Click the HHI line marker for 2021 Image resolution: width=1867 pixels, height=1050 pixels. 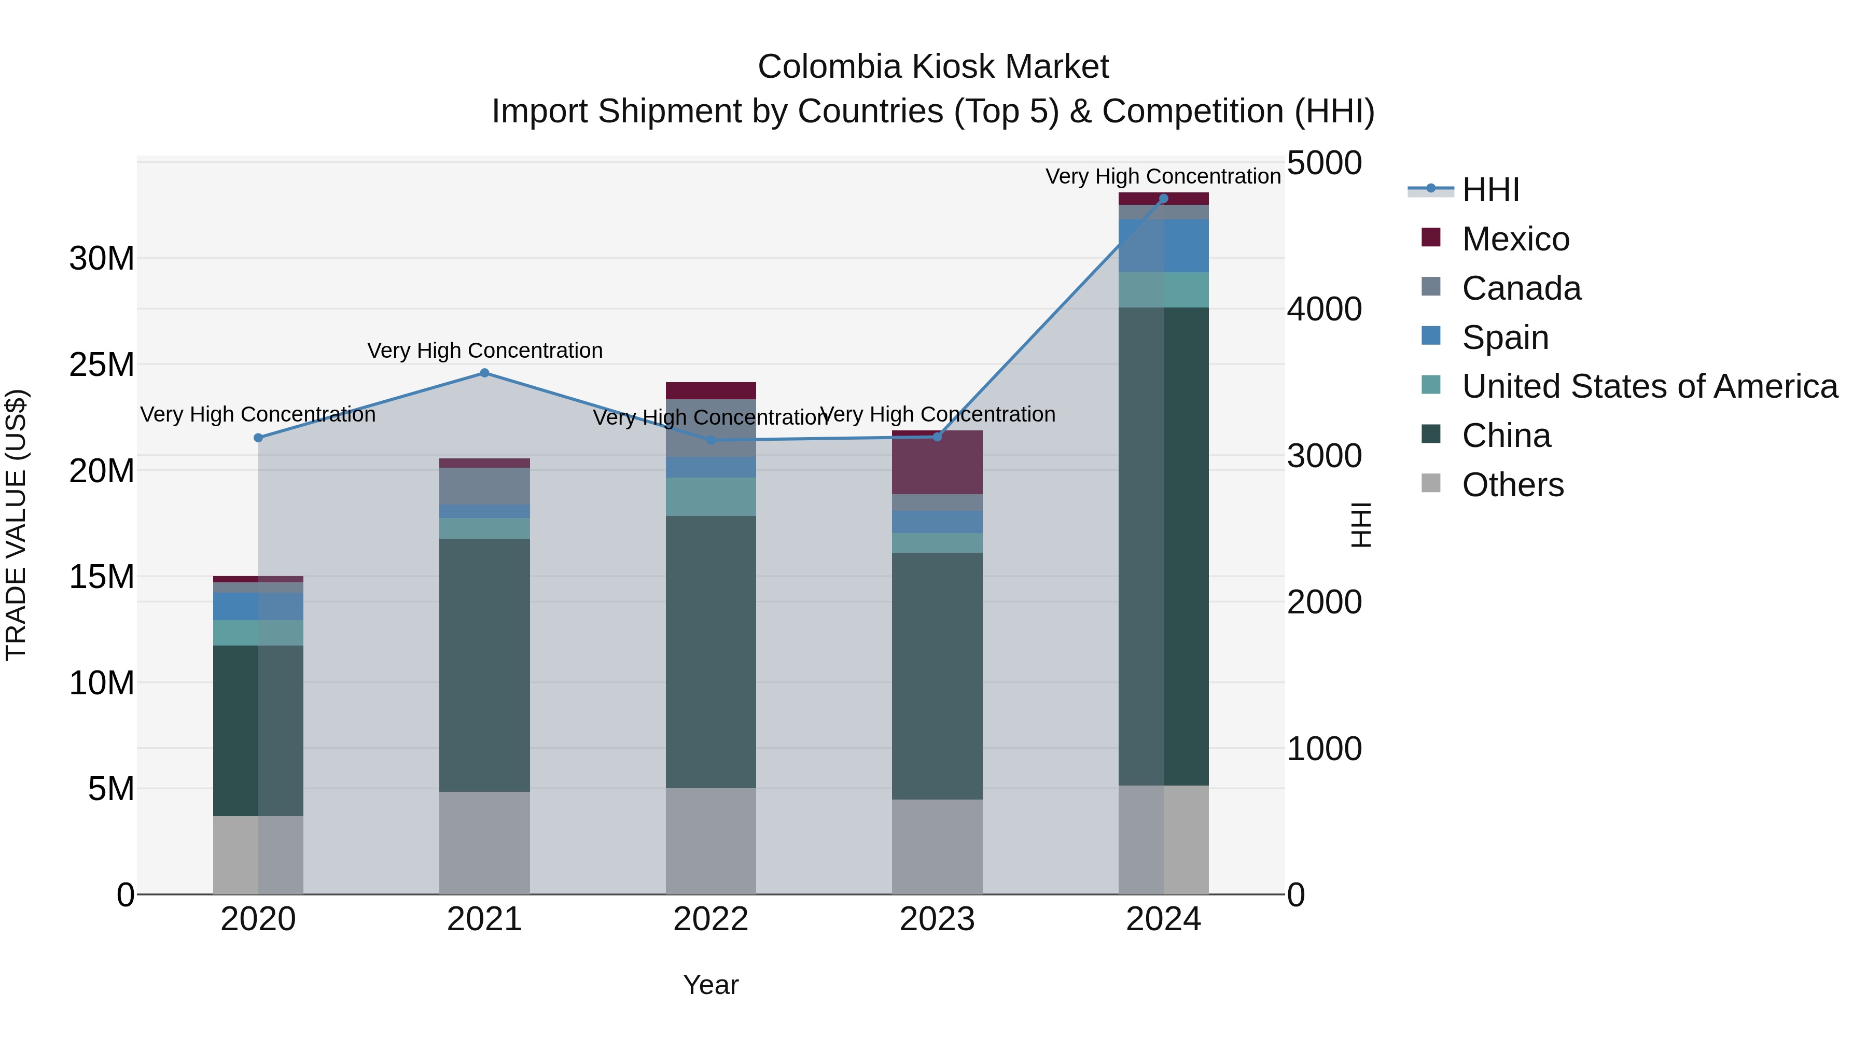click(485, 373)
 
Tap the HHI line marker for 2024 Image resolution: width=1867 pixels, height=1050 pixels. click(1163, 199)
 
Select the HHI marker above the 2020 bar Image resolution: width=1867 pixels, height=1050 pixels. click(258, 438)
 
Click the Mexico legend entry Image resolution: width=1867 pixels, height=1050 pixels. click(1515, 239)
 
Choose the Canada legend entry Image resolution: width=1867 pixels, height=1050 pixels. click(1521, 288)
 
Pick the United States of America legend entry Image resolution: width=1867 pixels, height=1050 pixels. click(1649, 386)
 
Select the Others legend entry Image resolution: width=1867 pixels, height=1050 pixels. click(1513, 485)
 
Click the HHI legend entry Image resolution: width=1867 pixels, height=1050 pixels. click(1490, 190)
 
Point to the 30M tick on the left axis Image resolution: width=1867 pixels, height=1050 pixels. click(102, 259)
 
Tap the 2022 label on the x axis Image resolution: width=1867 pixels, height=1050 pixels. click(710, 919)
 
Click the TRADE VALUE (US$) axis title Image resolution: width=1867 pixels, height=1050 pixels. click(16, 525)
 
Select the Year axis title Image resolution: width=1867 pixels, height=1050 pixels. click(710, 985)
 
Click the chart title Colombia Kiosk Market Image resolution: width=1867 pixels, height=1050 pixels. click(933, 67)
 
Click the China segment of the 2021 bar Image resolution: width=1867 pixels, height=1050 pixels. click(484, 665)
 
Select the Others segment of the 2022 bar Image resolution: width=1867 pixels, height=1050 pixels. click(710, 841)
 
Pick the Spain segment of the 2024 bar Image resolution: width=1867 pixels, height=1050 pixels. click(1163, 246)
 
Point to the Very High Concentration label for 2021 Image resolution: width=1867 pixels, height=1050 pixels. click(485, 351)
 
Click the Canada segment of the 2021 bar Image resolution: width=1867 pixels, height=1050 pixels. click(484, 486)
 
